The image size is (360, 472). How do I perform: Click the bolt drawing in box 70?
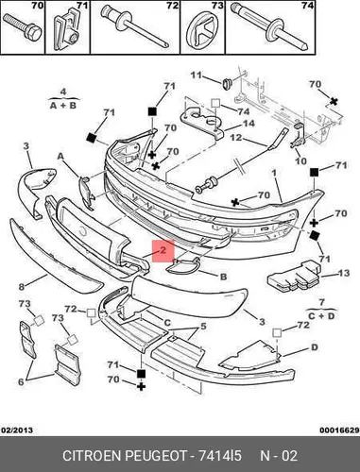tap(23, 27)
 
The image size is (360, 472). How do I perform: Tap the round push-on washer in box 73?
tap(201, 31)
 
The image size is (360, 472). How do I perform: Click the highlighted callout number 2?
tap(163, 250)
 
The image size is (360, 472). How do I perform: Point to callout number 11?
tap(196, 76)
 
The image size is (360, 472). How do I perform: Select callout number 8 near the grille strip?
tap(22, 287)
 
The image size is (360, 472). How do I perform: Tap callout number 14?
tap(248, 123)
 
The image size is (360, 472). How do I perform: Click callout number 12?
tap(235, 138)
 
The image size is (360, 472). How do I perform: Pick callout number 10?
tap(300, 160)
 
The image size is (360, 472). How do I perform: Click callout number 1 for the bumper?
tap(274, 173)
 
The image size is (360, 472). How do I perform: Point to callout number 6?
tap(21, 382)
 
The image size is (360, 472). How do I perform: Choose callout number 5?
tap(203, 327)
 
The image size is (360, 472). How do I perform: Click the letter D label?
tap(315, 347)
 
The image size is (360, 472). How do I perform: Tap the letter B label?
tap(223, 277)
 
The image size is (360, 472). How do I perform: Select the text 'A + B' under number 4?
tap(63, 105)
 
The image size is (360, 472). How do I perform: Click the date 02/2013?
tap(17, 430)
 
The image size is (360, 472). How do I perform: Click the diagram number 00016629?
tap(339, 430)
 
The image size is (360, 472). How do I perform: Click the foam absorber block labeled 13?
tap(294, 277)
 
